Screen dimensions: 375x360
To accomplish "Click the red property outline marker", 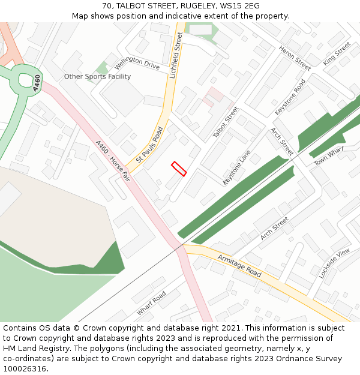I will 179,169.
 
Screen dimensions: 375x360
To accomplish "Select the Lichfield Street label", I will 176,56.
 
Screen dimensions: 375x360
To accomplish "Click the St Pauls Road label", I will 149,145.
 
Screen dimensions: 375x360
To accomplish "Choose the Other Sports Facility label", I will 97,77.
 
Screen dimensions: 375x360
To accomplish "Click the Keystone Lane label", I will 236,167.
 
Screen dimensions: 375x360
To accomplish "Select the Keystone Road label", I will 290,97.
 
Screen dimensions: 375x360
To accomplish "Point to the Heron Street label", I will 295,58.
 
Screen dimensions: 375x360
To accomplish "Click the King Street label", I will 336,54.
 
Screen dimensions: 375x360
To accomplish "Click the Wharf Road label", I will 151,304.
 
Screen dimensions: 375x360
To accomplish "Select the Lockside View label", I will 334,263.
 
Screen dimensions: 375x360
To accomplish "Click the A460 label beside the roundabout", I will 38,83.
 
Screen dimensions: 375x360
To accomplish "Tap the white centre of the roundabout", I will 26,79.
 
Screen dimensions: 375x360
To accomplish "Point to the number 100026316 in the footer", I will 26,368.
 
